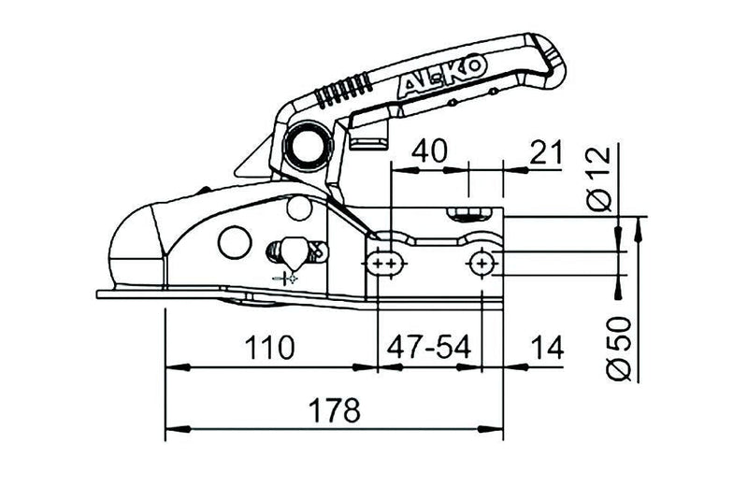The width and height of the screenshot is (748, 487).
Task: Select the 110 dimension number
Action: (270, 348)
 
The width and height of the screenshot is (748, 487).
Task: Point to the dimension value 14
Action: (545, 348)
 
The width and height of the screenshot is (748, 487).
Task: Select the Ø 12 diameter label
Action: (600, 179)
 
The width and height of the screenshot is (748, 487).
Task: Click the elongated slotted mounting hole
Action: (382, 265)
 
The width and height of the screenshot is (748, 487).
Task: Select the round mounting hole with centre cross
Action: (482, 265)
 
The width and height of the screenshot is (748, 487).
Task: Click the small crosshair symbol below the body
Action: (286, 279)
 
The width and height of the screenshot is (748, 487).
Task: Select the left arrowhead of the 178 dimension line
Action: (170, 431)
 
